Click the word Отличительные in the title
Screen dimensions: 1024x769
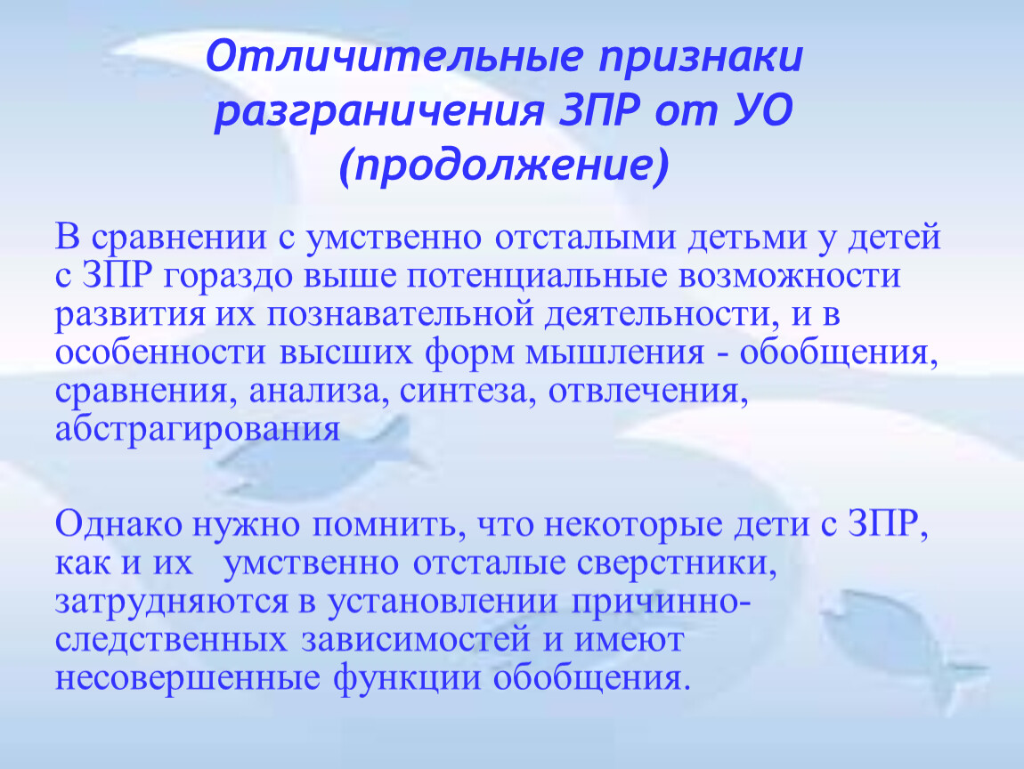coord(394,58)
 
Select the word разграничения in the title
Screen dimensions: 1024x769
coord(378,112)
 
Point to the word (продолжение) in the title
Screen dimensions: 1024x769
coord(504,166)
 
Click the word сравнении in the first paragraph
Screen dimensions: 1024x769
coord(179,237)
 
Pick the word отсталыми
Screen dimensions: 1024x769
coord(584,237)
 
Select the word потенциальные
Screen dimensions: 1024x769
coord(538,276)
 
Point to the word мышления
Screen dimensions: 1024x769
coord(615,352)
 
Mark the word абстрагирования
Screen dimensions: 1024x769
coord(198,430)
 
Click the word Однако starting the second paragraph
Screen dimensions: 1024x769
coord(118,524)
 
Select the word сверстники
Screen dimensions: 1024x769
coord(677,563)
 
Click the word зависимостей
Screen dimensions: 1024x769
coord(415,640)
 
